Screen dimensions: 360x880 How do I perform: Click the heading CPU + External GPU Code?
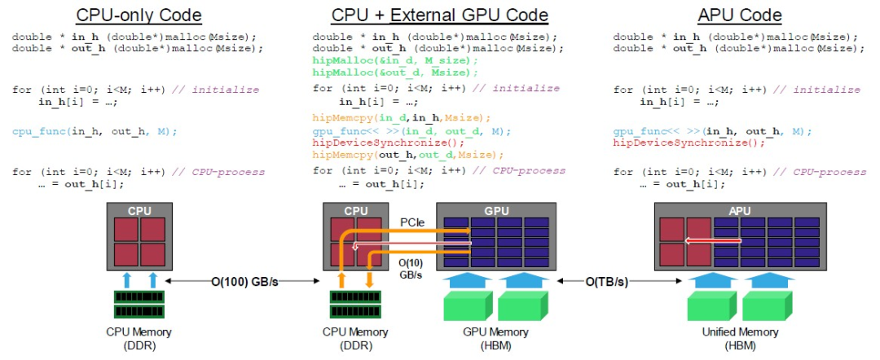(439, 15)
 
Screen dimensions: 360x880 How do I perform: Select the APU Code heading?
(739, 15)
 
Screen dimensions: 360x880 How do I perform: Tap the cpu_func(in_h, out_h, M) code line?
(95, 131)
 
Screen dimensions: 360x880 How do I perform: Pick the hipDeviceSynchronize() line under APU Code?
(689, 143)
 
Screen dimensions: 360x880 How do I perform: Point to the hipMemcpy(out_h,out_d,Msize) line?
(408, 154)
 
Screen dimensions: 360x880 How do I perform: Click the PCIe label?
(412, 221)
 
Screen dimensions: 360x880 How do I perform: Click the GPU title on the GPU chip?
(496, 210)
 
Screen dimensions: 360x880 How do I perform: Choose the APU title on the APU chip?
(739, 210)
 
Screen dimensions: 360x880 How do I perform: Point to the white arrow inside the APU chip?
(713, 241)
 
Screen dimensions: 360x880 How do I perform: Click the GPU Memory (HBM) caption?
(496, 338)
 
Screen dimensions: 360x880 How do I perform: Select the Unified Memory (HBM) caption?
(739, 338)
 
